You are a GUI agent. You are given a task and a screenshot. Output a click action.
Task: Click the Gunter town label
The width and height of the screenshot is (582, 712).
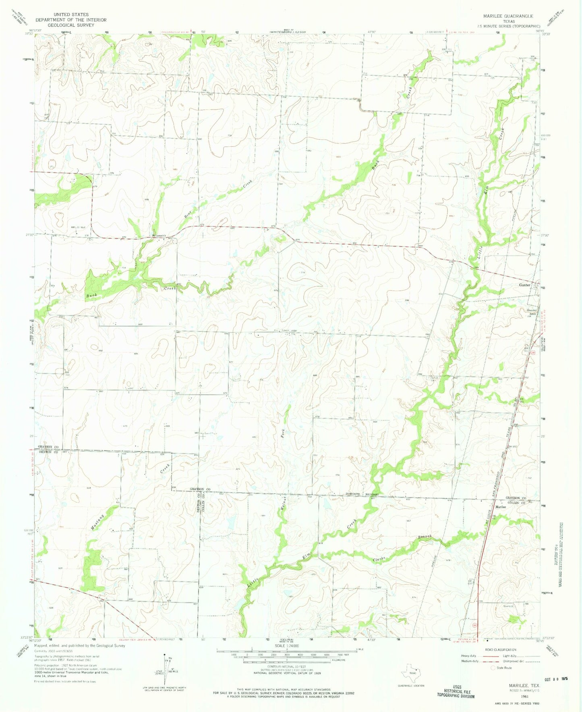(524, 285)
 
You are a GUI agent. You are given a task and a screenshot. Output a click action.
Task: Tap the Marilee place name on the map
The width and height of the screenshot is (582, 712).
(501, 507)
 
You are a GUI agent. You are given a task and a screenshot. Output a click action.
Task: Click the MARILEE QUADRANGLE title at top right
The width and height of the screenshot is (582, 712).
(508, 16)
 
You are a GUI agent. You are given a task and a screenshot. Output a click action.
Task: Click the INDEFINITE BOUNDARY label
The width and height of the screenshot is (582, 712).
(362, 494)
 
